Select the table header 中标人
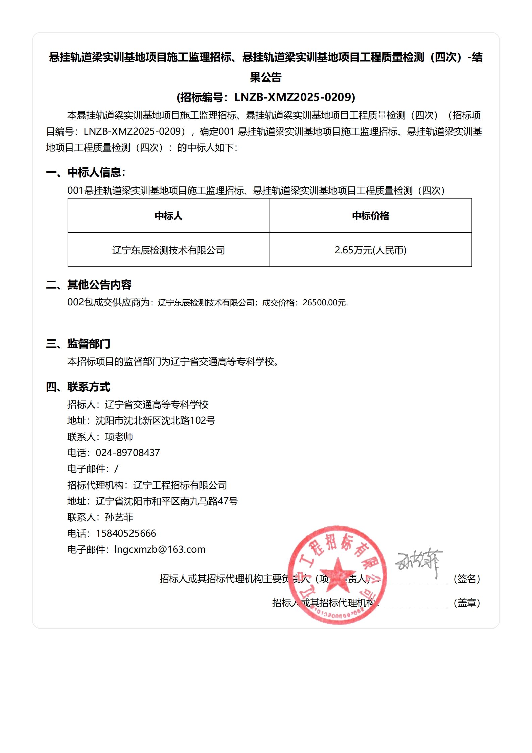[169, 216]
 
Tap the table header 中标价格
[371, 216]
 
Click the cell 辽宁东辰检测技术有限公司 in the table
[169, 250]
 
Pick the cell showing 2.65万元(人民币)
[371, 250]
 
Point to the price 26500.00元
[325, 303]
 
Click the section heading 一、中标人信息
[86, 172]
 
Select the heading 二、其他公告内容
[89, 285]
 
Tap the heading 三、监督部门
[78, 344]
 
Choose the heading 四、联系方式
[78, 387]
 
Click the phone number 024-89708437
[128, 453]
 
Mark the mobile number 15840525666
[126, 533]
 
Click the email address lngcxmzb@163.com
[160, 549]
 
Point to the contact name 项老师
[119, 437]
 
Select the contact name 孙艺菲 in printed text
[119, 517]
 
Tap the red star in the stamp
[337, 574]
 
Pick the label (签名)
[467, 579]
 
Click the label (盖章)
[467, 603]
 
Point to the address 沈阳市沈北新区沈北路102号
[155, 420]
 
